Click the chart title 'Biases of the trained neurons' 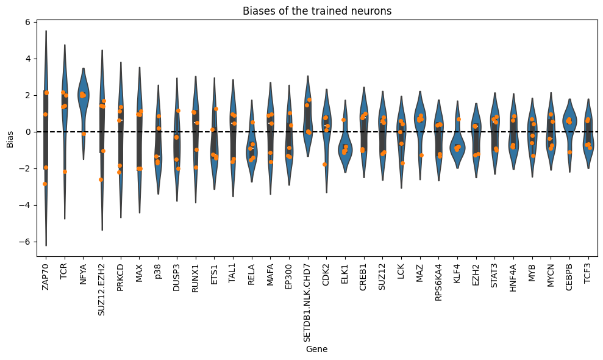pos(316,11)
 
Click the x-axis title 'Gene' pos(316,349)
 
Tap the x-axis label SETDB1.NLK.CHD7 pos(308,300)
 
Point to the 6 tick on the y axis pos(27,22)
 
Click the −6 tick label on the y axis pos(25,242)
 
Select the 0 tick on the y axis pos(27,132)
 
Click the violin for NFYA pos(83,104)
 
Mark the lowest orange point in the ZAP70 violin pos(45,184)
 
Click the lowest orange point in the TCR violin pos(65,171)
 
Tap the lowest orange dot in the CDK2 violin pos(324,164)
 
